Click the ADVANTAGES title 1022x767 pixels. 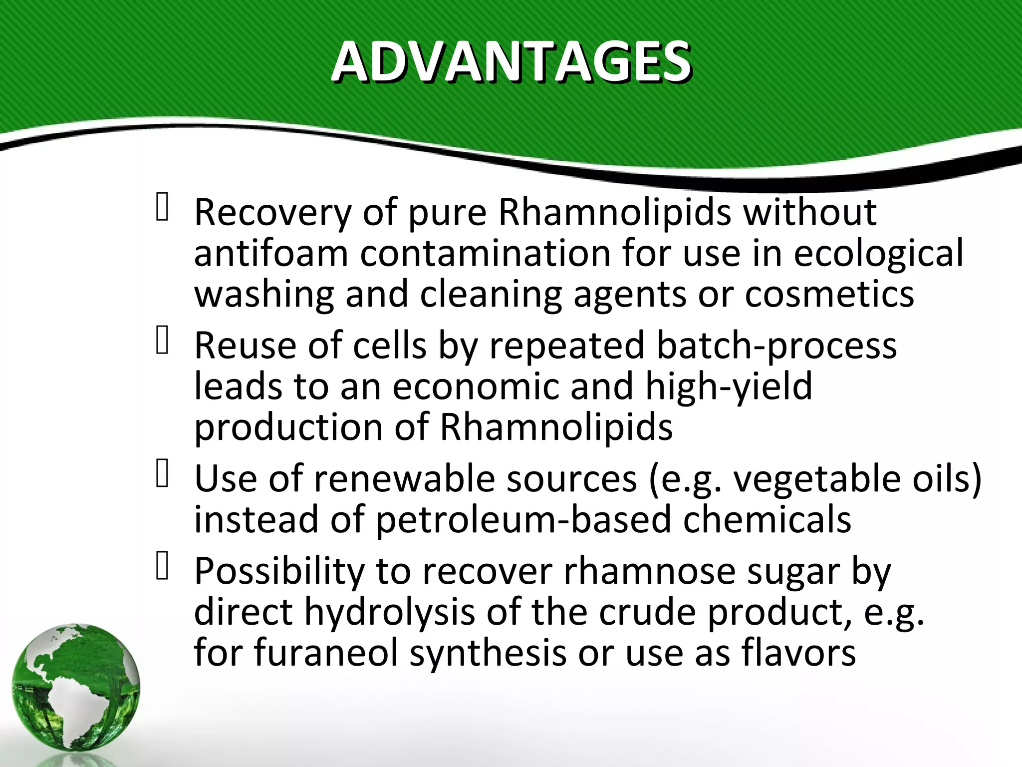511,62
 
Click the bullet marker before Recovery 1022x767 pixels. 162,207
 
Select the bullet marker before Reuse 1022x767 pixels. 162,340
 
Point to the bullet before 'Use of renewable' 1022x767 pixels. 162,473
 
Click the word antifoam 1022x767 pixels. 271,254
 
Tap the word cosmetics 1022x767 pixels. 829,295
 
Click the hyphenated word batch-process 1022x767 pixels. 776,346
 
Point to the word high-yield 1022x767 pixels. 729,387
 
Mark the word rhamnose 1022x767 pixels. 649,571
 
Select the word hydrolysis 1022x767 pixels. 389,613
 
